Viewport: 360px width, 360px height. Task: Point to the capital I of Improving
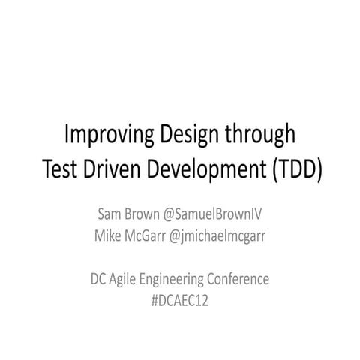click(x=67, y=136)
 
